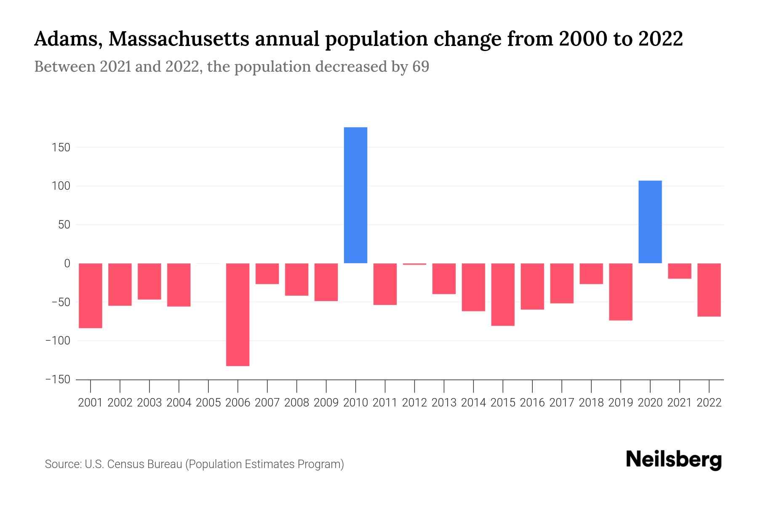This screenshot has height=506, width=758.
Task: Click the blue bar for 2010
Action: coord(355,195)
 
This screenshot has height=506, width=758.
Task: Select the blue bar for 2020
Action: coord(650,222)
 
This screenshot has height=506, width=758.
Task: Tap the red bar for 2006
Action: coord(238,314)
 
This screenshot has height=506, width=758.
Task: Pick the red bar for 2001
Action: coord(91,295)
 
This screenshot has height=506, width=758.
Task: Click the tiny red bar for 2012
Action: coord(414,264)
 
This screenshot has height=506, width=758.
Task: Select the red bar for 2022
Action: coord(709,290)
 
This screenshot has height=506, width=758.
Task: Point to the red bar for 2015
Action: coord(503,294)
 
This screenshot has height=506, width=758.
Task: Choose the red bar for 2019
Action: coord(620,291)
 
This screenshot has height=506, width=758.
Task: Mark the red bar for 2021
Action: coord(679,271)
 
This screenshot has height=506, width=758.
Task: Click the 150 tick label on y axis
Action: coord(61,148)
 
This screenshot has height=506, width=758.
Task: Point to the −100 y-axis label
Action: coord(58,341)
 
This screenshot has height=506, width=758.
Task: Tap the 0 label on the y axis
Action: coord(67,264)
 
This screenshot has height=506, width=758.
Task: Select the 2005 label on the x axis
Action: coord(208,403)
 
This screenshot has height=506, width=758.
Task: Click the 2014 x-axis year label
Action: coord(473,403)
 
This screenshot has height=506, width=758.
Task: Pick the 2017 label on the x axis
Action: coord(561,403)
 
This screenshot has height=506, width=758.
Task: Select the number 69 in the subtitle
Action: coord(420,67)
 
